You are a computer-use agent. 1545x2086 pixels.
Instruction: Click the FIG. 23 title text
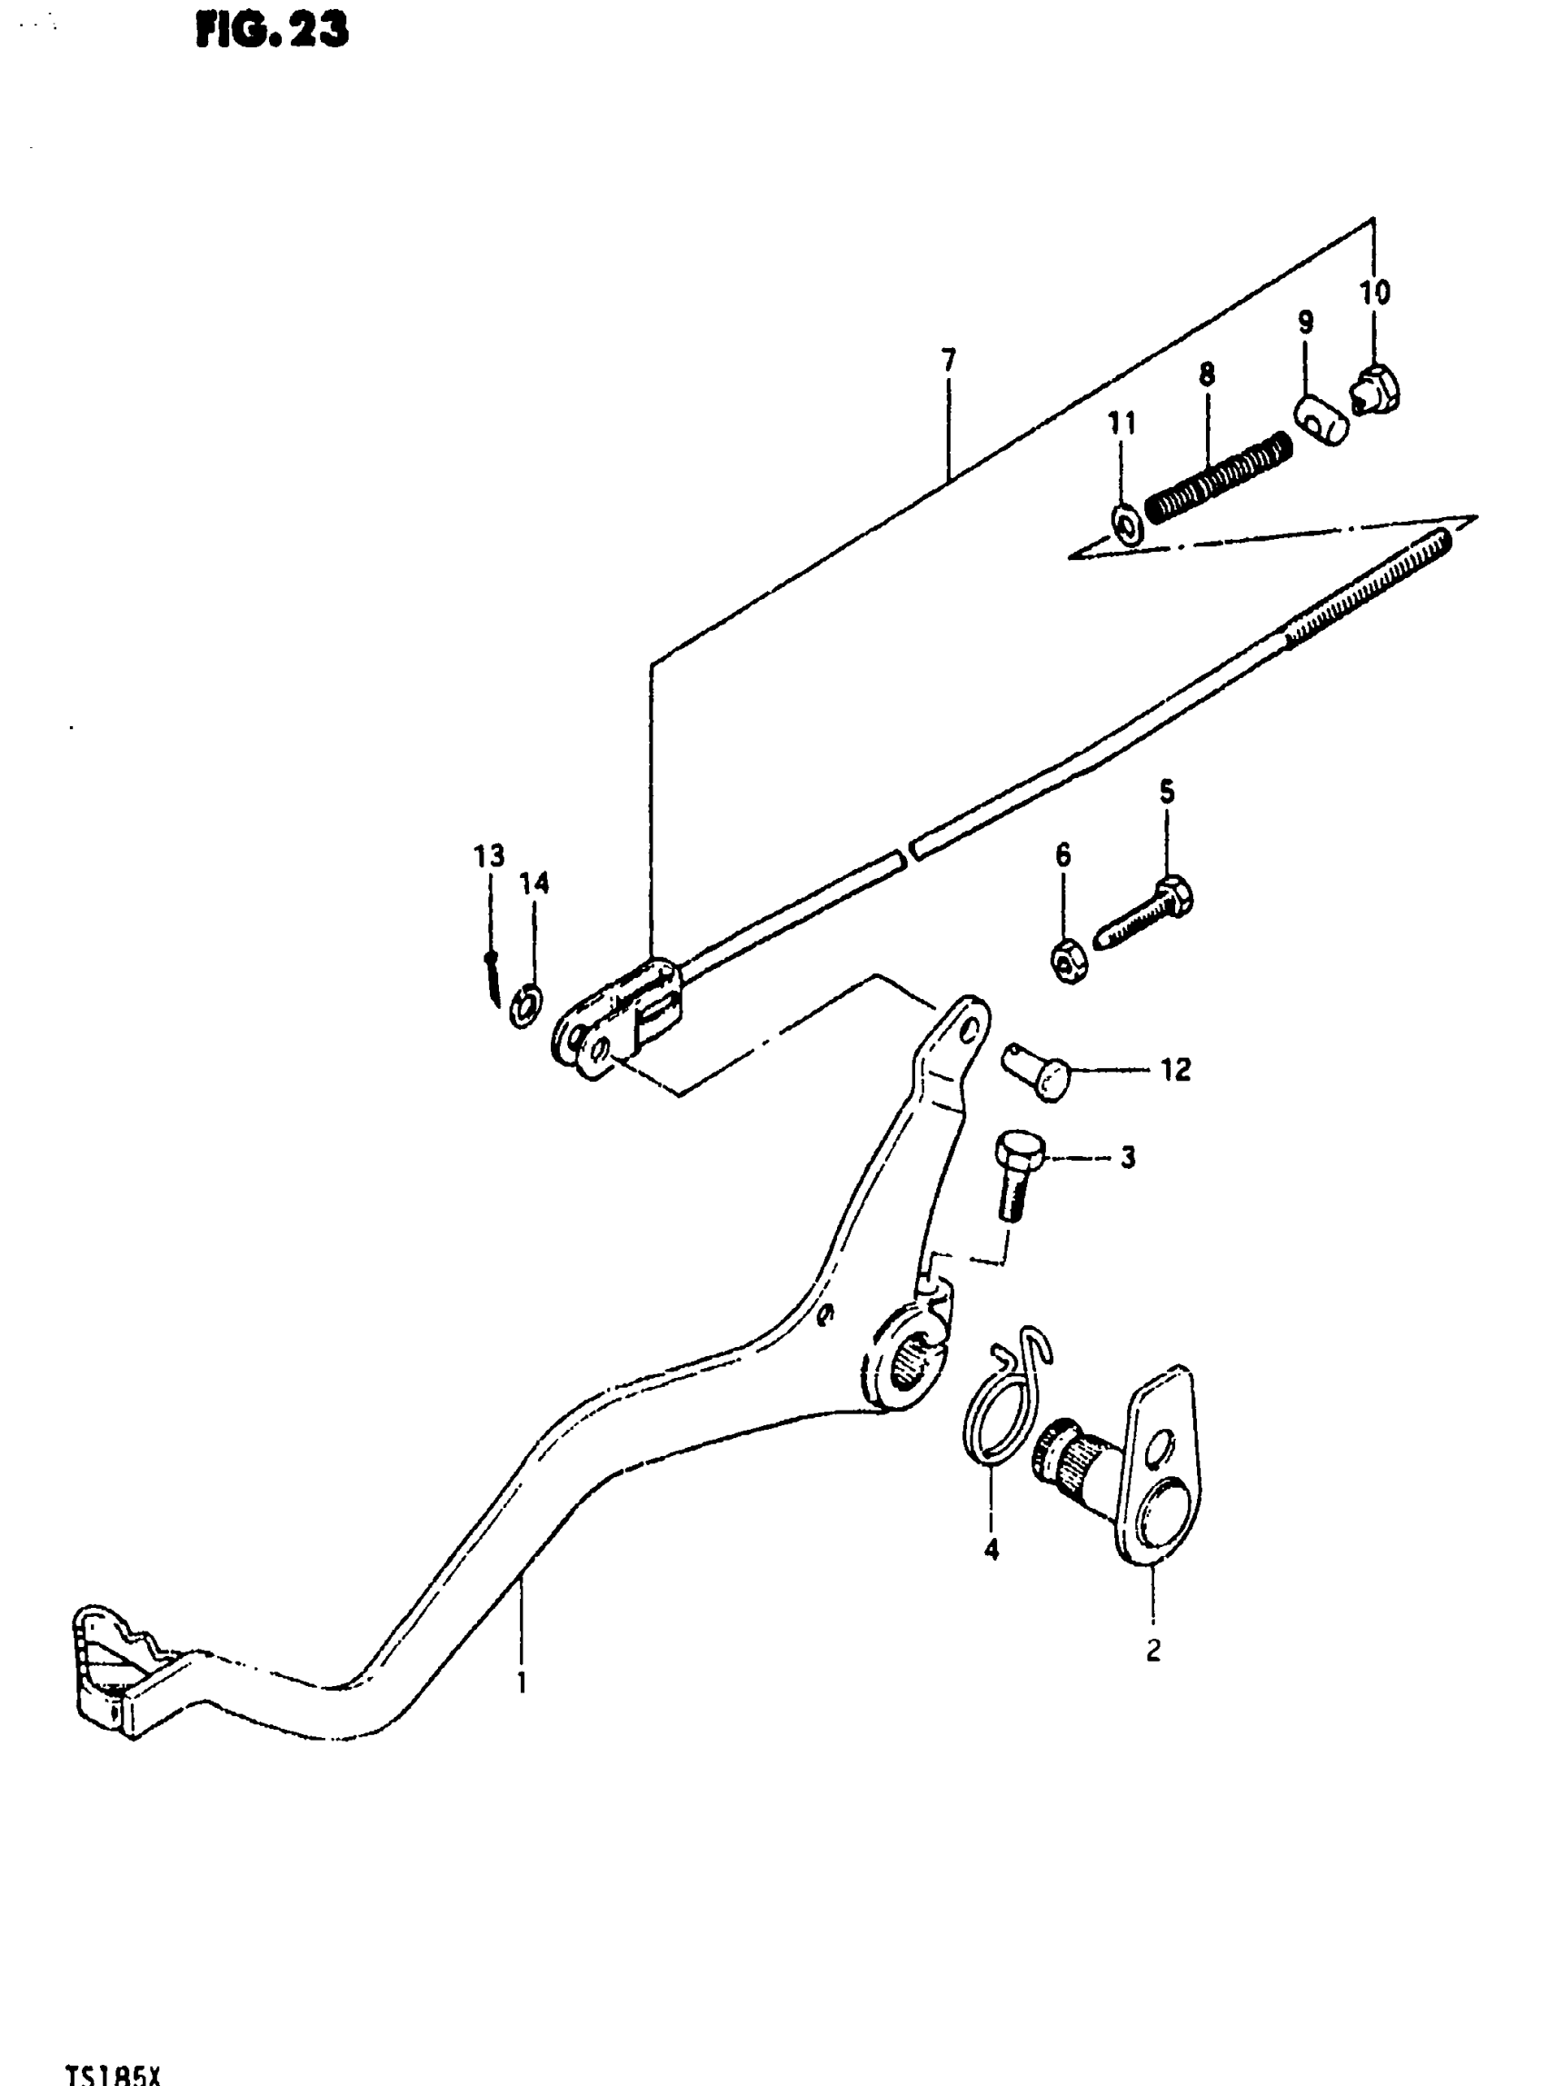click(x=272, y=31)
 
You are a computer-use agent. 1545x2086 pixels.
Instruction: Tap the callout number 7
click(x=949, y=359)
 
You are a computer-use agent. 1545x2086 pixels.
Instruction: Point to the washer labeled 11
click(x=1125, y=526)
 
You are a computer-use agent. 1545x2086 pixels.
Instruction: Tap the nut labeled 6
click(x=1068, y=962)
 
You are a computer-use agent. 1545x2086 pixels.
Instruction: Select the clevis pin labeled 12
click(x=1038, y=1072)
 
